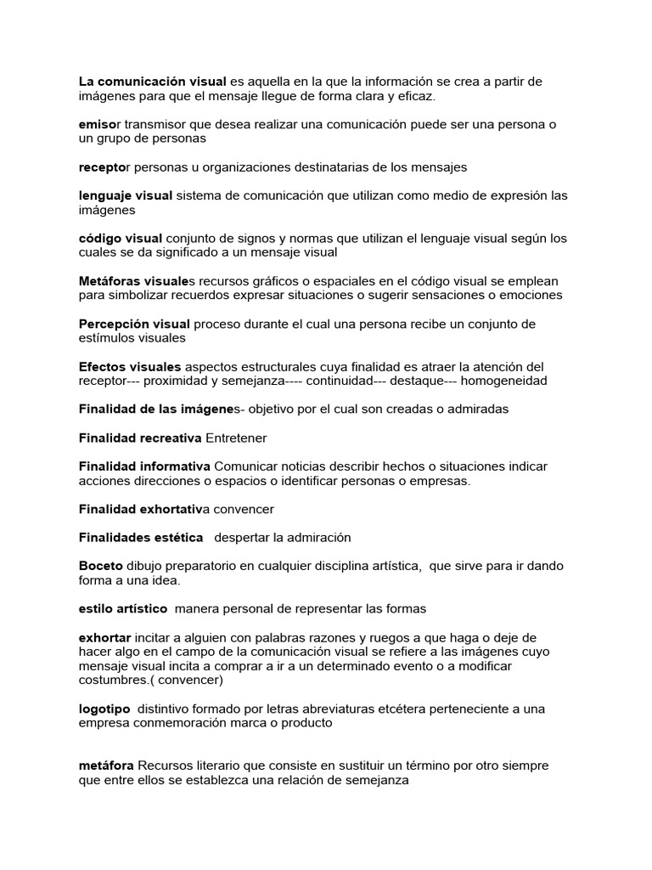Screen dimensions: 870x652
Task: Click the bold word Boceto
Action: (x=101, y=566)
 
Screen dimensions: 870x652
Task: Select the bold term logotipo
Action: (x=104, y=709)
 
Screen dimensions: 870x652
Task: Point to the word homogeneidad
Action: (x=504, y=381)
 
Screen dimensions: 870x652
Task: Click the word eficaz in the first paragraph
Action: (x=413, y=96)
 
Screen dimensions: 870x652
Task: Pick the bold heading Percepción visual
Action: (x=134, y=324)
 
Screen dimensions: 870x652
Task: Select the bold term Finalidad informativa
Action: (x=144, y=466)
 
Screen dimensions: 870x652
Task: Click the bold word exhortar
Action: (x=105, y=637)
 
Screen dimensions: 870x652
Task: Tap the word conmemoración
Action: (x=186, y=723)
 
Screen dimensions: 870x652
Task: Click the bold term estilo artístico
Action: (x=123, y=608)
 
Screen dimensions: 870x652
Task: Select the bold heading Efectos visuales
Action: (x=124, y=366)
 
